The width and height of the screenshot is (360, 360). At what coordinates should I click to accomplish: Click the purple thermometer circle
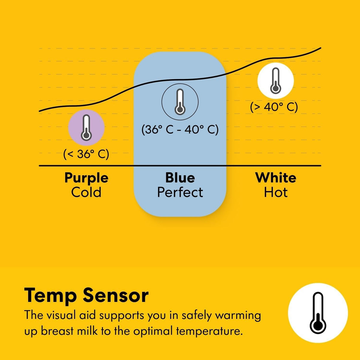click(x=86, y=127)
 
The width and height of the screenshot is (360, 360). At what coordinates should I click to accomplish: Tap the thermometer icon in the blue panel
click(x=180, y=102)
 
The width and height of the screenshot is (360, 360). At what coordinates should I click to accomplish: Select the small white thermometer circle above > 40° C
click(x=276, y=80)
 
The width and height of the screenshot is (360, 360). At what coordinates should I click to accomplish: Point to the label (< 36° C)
click(x=86, y=154)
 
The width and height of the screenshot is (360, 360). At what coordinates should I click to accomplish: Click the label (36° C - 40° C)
click(x=180, y=130)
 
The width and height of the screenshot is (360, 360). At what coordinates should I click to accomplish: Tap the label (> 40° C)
click(x=274, y=107)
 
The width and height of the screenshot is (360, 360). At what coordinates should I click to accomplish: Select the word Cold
click(x=86, y=192)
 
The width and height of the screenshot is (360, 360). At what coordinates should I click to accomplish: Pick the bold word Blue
click(x=180, y=178)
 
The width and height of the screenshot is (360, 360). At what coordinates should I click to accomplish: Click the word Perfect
click(x=180, y=192)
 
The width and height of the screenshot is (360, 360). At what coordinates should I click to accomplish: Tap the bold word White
click(x=276, y=178)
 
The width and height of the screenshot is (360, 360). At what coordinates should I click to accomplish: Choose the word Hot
click(x=276, y=192)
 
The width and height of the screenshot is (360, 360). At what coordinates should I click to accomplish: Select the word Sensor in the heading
click(x=115, y=296)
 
